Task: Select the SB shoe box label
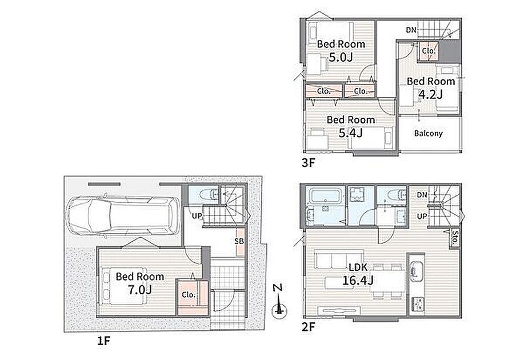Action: (239, 241)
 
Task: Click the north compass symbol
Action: (279, 302)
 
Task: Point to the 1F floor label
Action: (103, 341)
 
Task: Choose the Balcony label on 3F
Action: (429, 133)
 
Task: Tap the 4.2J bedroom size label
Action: (430, 95)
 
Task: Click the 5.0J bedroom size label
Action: (341, 57)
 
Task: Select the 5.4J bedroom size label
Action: (350, 133)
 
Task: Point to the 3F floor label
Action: (308, 163)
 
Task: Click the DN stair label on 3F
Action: (411, 30)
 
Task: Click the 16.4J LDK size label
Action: (358, 280)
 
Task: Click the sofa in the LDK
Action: (339, 259)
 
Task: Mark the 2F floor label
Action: (308, 327)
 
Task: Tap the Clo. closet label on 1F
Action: (189, 295)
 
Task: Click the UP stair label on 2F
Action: (422, 216)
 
